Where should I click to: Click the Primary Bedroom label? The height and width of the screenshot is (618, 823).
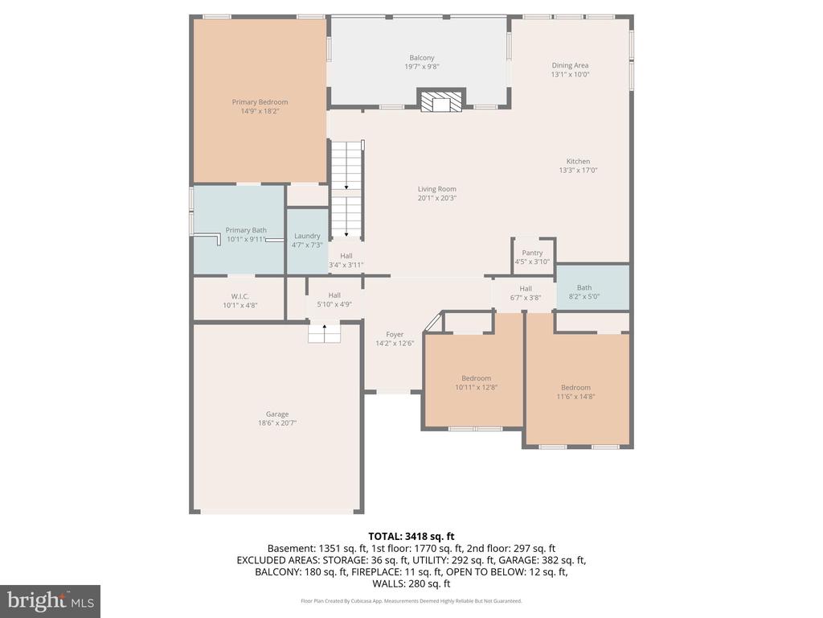(x=260, y=102)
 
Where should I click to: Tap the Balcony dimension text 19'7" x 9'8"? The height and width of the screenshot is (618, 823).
(x=421, y=67)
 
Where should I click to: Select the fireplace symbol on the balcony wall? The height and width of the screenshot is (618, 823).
(x=441, y=100)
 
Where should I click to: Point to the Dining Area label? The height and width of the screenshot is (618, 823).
(x=570, y=65)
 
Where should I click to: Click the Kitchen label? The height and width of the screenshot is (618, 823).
(x=578, y=161)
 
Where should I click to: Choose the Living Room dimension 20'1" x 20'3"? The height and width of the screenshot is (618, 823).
(x=437, y=198)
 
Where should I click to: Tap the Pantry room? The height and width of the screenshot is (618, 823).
(x=533, y=257)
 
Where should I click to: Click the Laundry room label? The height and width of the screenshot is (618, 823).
(x=307, y=236)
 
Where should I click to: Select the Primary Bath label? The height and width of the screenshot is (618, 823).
(x=246, y=230)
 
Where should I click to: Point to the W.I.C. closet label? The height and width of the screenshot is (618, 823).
(x=240, y=296)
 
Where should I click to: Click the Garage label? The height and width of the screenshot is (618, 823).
(x=277, y=414)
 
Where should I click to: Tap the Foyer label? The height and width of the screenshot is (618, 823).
(x=395, y=334)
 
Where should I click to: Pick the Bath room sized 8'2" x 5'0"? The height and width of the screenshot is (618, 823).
(x=593, y=288)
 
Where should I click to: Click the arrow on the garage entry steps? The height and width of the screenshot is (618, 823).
(x=325, y=329)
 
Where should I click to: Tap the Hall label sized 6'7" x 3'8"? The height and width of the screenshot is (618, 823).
(x=526, y=289)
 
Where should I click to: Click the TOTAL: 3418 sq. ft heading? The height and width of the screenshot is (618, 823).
(x=411, y=537)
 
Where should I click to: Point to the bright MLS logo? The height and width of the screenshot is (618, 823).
(x=51, y=601)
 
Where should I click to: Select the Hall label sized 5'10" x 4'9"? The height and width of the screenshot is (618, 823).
(x=334, y=295)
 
